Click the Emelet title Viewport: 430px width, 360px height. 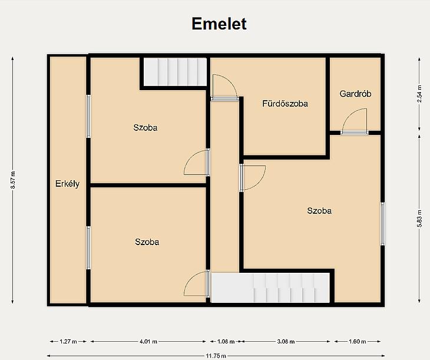coord(219,24)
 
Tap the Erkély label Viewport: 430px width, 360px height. coord(68,184)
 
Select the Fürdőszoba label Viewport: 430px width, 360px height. coord(285,104)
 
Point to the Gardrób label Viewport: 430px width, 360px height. coord(355,94)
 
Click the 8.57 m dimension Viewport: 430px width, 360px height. coord(13,180)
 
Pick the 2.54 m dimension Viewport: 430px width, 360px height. coord(419,94)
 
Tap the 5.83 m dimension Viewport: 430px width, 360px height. coord(419,219)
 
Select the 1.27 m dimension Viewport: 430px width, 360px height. coord(68,342)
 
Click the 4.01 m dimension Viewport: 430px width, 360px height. coord(148,342)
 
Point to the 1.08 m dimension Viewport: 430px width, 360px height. coord(226,342)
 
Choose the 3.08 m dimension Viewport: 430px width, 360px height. coord(286,342)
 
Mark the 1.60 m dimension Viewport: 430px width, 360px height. coord(358,342)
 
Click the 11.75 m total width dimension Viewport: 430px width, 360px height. coord(216,356)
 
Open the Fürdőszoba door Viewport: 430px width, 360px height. coord(224,87)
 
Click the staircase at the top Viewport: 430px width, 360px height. coord(175,72)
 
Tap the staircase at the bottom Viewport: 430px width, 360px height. coord(270,288)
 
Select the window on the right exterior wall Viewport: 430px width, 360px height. coord(382,224)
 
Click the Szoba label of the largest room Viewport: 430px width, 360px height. coord(319,211)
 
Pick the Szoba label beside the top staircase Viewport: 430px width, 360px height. coord(145,128)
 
